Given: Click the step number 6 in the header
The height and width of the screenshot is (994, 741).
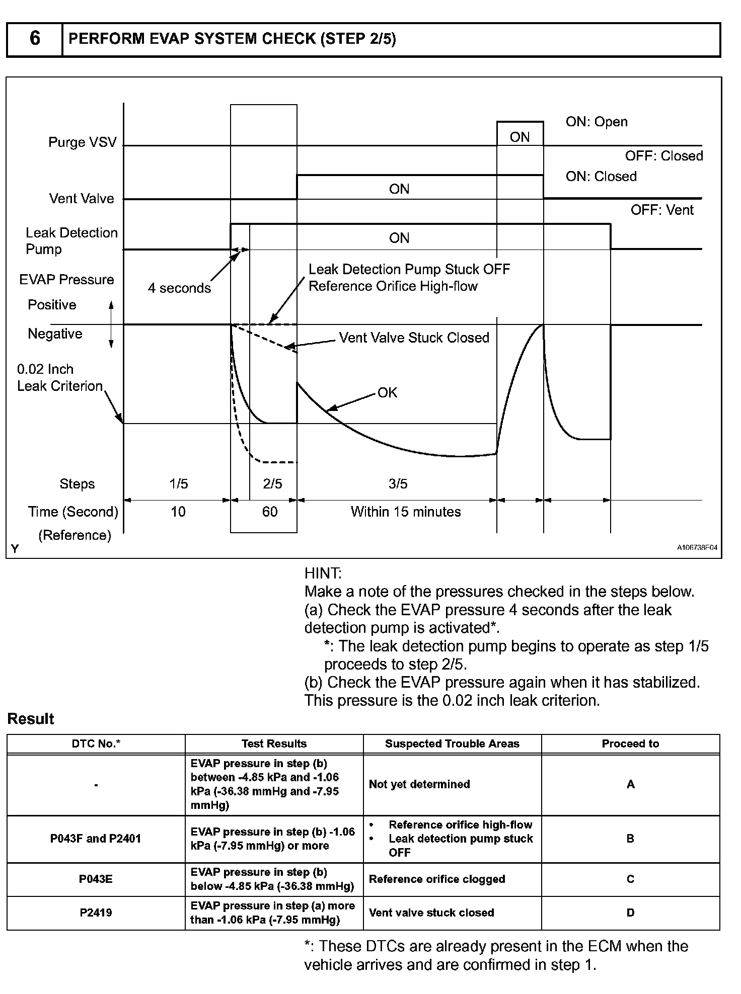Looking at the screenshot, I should [34, 38].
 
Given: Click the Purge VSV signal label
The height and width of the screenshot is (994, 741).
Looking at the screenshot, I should [82, 142].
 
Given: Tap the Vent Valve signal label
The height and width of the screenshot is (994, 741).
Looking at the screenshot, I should [82, 199].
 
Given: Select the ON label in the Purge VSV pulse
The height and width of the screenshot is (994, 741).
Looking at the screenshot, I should [520, 137].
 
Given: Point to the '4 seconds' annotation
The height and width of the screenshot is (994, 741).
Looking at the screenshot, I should [179, 288].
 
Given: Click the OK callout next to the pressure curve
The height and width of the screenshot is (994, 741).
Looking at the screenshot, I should [387, 392].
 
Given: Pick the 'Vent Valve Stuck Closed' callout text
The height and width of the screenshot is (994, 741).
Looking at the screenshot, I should [414, 338].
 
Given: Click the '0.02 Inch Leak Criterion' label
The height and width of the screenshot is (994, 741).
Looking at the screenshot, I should [59, 378].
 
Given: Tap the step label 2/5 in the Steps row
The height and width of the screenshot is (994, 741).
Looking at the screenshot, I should [272, 484].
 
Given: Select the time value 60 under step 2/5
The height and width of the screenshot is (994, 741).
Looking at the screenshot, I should [270, 512].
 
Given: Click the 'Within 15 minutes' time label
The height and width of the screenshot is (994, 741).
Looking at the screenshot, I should [406, 512].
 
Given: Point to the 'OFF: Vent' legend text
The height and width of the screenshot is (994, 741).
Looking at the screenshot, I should [662, 210].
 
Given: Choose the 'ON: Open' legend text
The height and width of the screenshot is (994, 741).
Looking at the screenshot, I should [597, 122].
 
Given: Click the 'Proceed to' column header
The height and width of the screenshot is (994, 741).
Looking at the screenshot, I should [630, 744].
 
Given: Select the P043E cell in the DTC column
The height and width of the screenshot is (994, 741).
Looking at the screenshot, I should [96, 879].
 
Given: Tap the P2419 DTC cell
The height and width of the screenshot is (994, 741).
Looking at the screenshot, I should [96, 913].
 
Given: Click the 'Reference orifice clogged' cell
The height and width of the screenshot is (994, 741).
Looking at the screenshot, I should [437, 879].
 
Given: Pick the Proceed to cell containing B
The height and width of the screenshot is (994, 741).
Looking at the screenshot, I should [630, 839].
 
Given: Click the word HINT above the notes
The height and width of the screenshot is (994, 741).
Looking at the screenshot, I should [323, 573].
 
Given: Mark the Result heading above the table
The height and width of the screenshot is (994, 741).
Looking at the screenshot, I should [31, 719].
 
